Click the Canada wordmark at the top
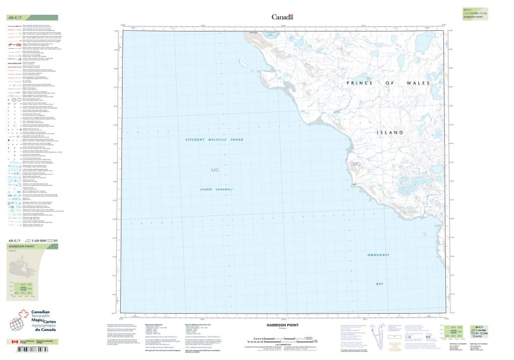(283, 17)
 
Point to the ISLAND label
(390, 132)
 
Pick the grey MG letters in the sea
(215, 170)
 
